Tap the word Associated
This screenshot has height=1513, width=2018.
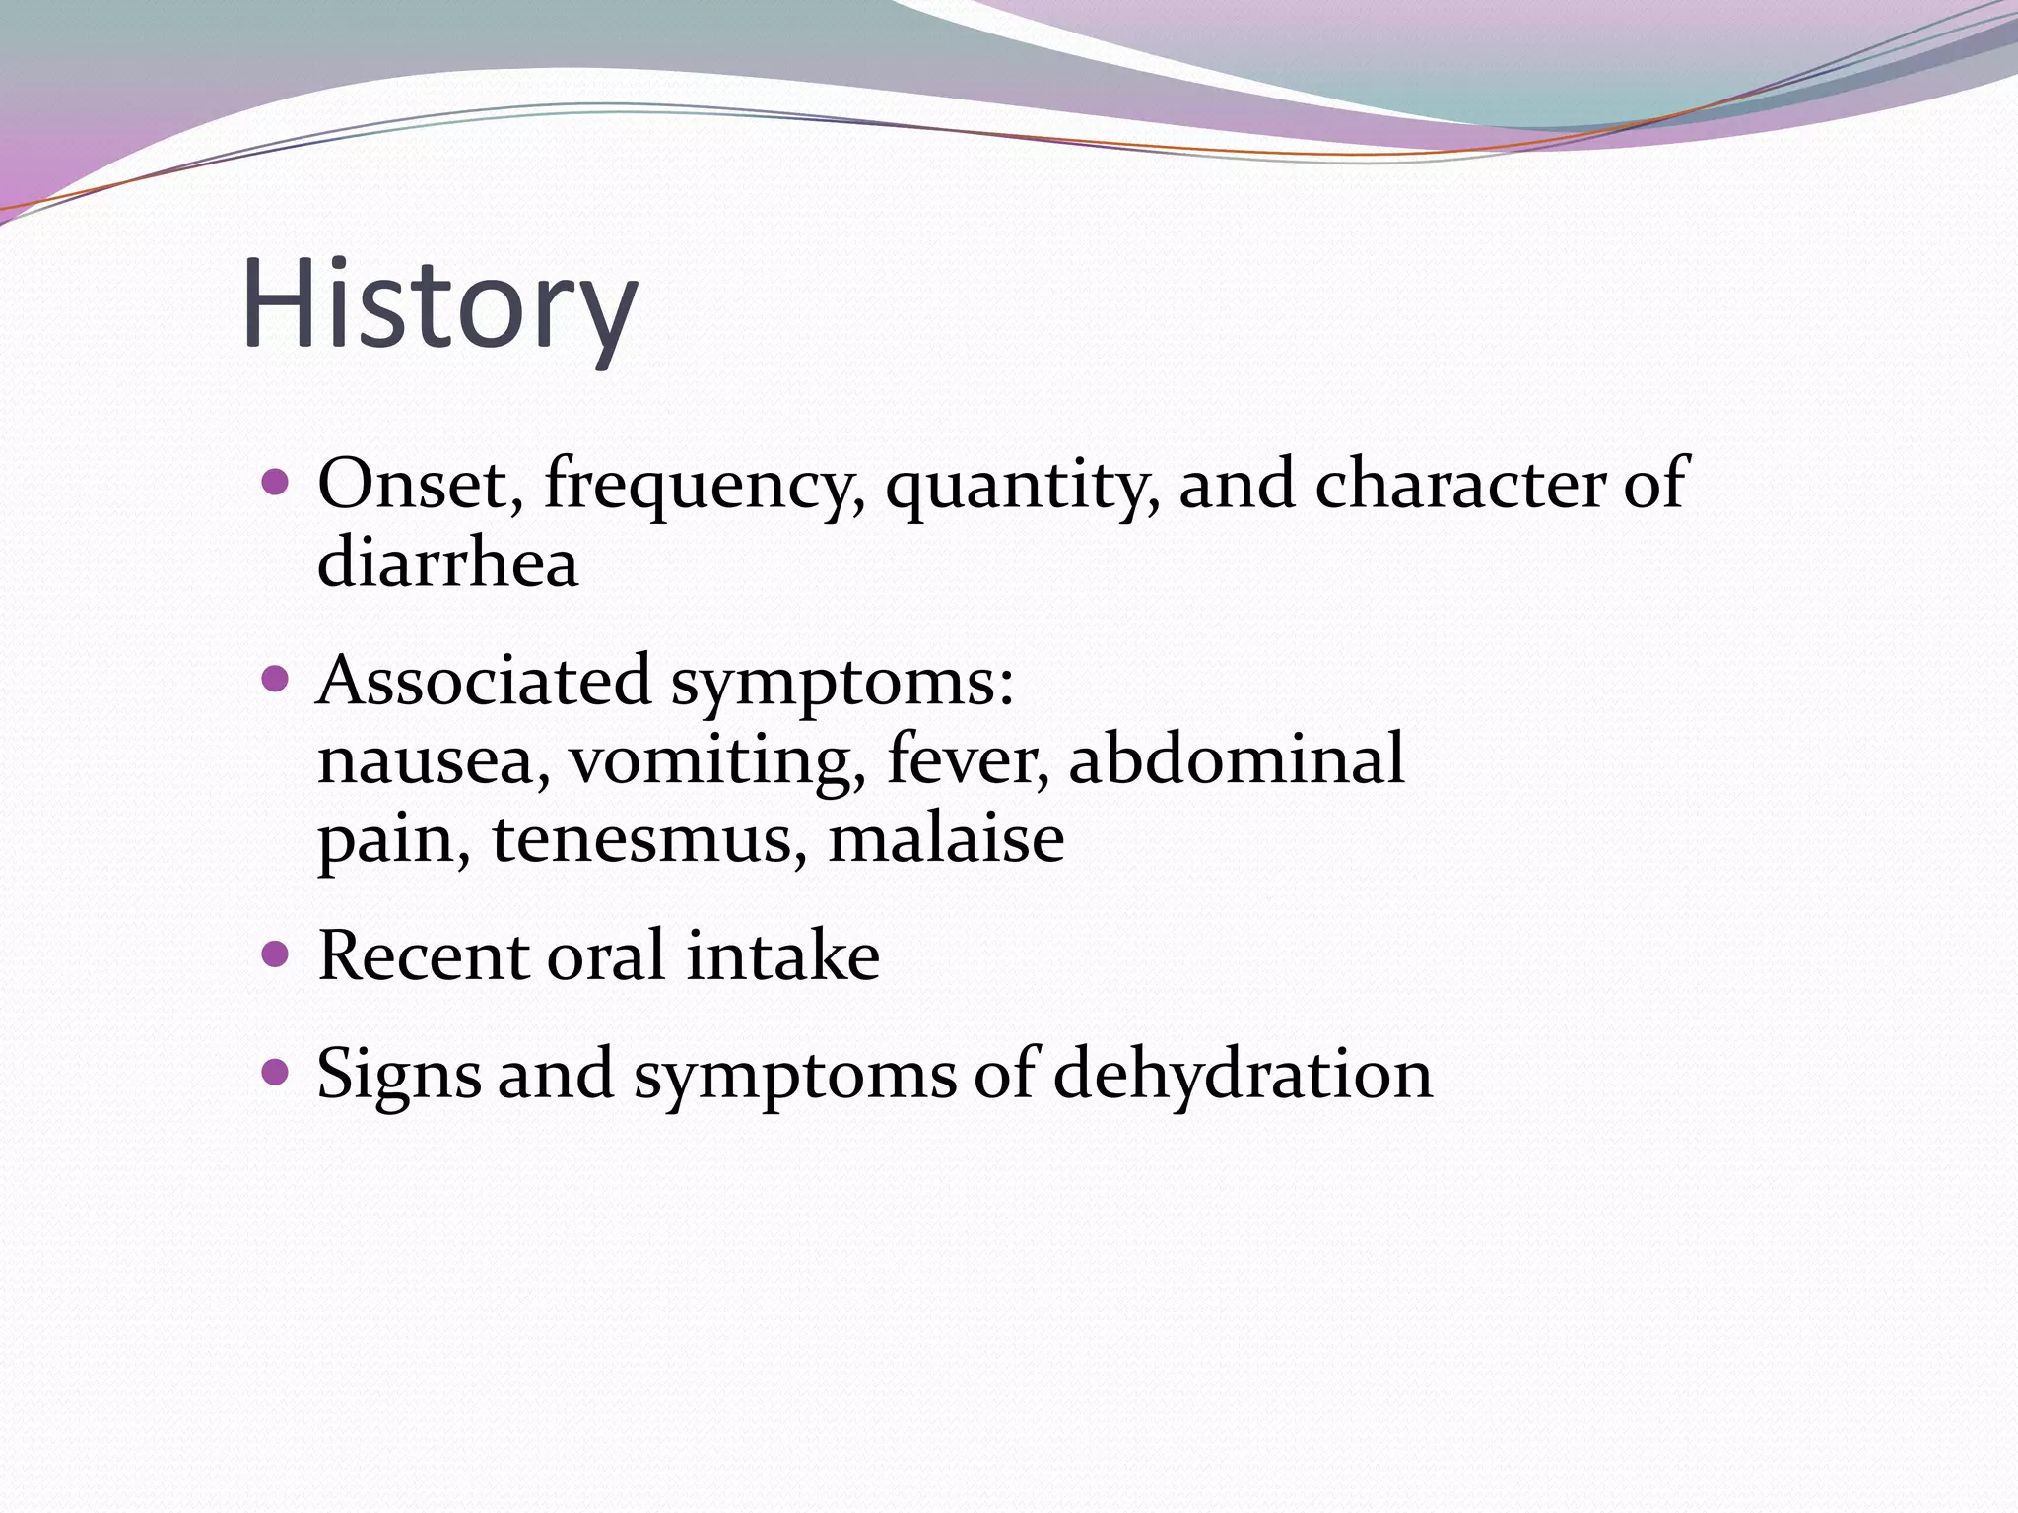484,681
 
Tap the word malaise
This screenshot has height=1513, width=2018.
946,838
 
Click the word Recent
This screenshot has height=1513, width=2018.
424,956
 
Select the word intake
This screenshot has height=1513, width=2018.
782,956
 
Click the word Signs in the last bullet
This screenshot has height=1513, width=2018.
399,1075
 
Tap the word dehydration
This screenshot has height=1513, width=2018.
1243,1074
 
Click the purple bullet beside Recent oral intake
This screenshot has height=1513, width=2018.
277,954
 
